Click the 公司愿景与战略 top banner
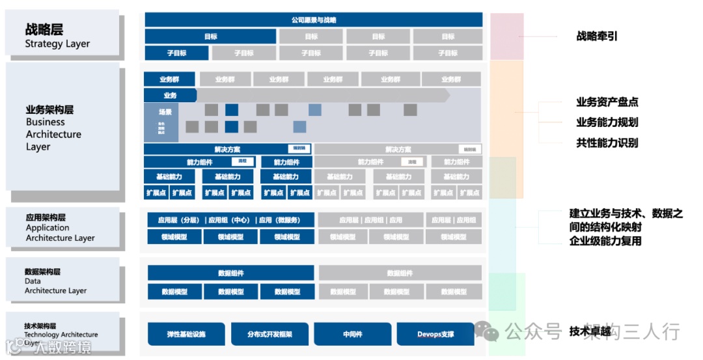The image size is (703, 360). (x=314, y=20)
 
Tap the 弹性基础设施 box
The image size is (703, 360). (x=186, y=334)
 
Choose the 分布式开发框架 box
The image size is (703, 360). (x=269, y=334)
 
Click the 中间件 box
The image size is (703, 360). (x=353, y=334)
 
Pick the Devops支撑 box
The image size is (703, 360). (x=435, y=334)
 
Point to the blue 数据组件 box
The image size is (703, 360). (x=230, y=273)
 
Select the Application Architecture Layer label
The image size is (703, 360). (x=64, y=228)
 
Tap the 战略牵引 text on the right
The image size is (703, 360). (x=597, y=36)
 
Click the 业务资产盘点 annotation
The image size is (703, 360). (x=607, y=102)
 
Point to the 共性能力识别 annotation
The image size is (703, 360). (x=607, y=143)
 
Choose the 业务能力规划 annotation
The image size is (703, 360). (x=607, y=122)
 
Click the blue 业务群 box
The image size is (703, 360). (x=169, y=79)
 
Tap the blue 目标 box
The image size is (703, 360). (x=210, y=36)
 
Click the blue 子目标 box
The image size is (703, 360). (x=176, y=53)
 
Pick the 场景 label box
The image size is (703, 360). (x=165, y=112)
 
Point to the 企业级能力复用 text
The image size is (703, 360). (x=605, y=241)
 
